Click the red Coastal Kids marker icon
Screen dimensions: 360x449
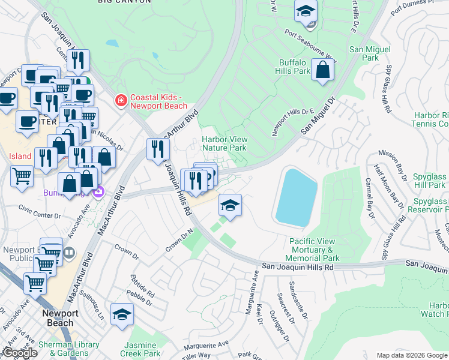click(121, 100)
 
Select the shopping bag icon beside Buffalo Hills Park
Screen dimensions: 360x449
click(323, 70)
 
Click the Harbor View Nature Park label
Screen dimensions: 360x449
click(224, 143)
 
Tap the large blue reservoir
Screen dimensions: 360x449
click(296, 196)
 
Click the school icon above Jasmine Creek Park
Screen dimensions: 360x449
click(122, 315)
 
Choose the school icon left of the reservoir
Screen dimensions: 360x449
click(230, 206)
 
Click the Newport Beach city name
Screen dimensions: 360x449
click(58, 318)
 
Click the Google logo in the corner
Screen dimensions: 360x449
click(19, 353)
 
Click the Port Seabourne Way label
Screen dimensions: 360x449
click(310, 46)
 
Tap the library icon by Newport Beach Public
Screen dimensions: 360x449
click(69, 253)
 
